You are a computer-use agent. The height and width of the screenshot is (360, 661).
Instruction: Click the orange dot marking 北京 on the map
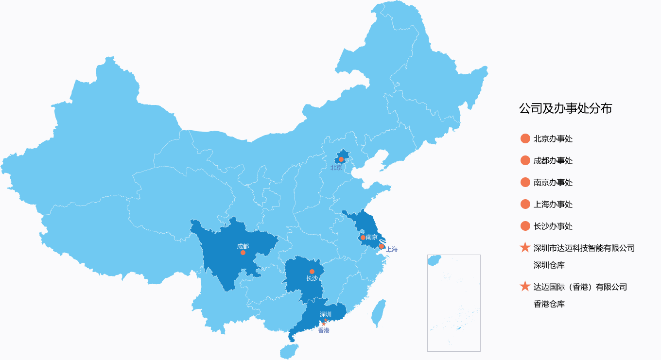pos(341,159)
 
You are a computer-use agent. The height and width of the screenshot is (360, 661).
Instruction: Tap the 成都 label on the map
pos(243,246)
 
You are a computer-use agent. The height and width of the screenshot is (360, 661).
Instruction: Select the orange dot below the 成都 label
pos(243,253)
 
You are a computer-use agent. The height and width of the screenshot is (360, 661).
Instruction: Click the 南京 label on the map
pos(372,237)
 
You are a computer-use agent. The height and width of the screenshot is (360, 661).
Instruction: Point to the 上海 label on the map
pos(392,249)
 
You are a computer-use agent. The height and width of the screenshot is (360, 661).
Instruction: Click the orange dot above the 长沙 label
pos(312,272)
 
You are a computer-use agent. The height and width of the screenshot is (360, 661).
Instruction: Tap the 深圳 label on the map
pos(326,314)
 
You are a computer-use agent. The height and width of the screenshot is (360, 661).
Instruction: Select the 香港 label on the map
pos(323,330)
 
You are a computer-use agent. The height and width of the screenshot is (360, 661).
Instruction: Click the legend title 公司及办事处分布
pos(565,108)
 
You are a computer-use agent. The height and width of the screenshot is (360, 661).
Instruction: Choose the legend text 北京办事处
pos(553,139)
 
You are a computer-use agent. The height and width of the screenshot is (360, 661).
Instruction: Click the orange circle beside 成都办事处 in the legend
pos(525,160)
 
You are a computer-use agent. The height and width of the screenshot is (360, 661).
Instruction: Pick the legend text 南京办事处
pos(553,183)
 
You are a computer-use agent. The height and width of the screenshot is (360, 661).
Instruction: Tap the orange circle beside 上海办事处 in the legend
pos(525,204)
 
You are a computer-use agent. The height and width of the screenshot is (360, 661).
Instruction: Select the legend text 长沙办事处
pos(553,226)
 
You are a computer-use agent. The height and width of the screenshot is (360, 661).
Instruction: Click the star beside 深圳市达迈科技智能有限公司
pos(525,248)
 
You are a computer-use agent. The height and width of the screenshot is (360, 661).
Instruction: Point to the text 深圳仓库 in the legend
pos(549,265)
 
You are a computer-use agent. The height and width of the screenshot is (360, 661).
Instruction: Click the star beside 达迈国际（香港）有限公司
pos(525,287)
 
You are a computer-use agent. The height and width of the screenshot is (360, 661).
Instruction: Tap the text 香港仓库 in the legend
pos(549,304)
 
